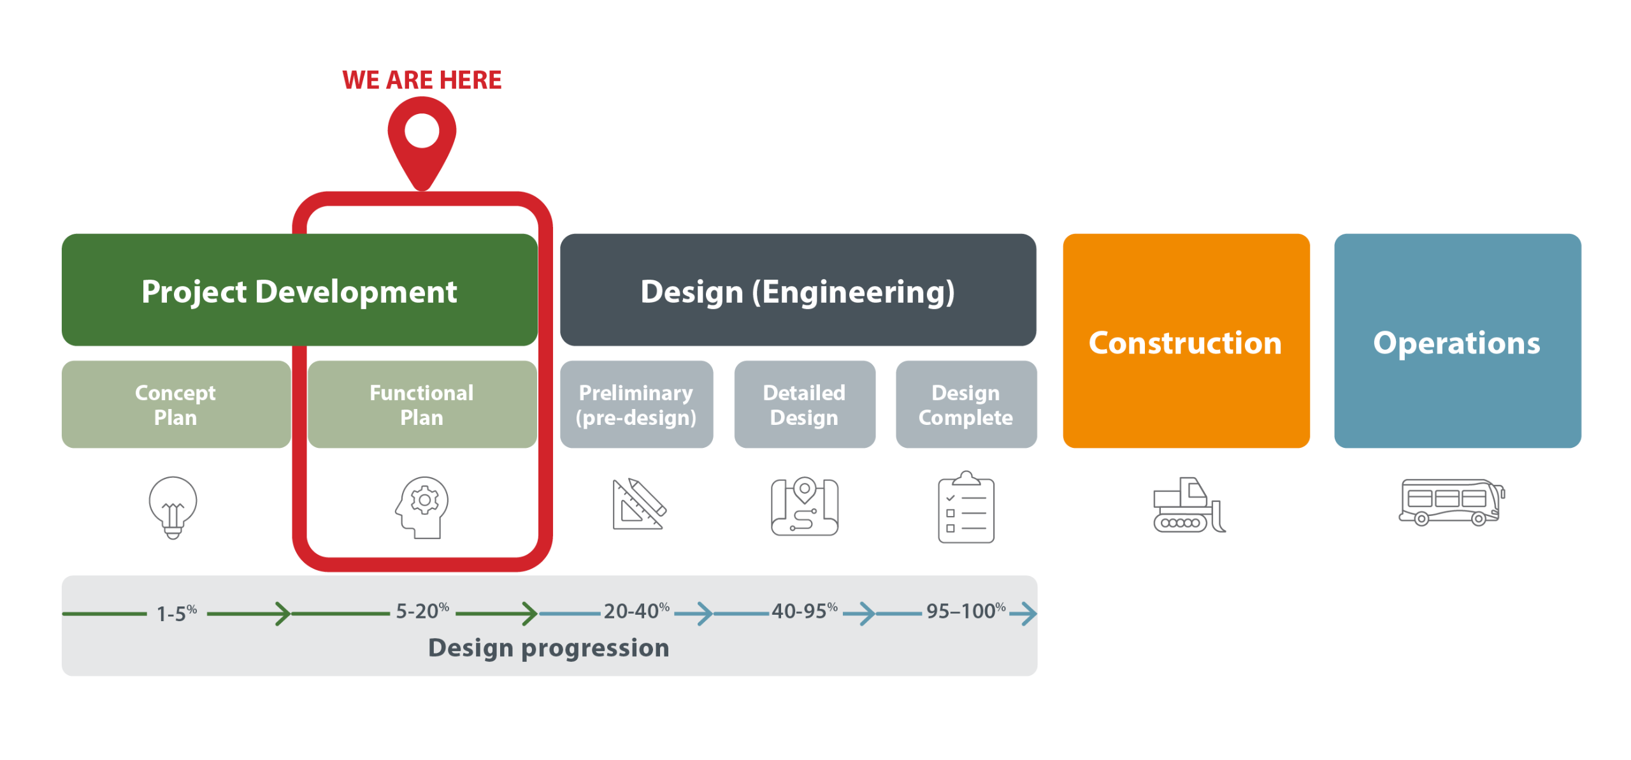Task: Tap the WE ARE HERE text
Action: click(422, 80)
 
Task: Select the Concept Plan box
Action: click(176, 405)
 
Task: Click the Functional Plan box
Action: click(422, 405)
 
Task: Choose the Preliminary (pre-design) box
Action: click(636, 405)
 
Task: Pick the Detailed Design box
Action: click(804, 405)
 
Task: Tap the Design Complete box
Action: click(966, 405)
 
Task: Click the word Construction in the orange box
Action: click(1185, 343)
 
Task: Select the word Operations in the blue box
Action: click(1456, 343)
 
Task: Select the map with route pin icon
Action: click(805, 506)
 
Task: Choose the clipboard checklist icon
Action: click(966, 508)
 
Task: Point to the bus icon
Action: click(1451, 502)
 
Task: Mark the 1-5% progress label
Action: click(176, 613)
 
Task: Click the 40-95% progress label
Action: click(804, 612)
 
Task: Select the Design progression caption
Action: click(549, 648)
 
